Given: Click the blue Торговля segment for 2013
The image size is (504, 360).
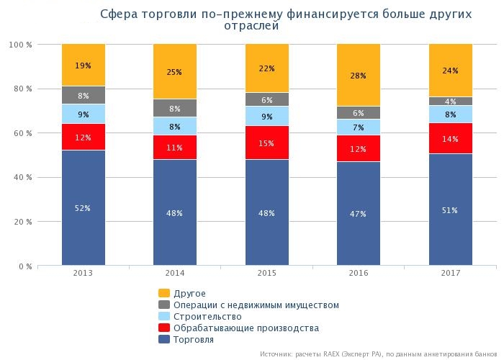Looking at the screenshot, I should (x=84, y=208).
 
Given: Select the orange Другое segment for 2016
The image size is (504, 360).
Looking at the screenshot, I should (x=359, y=75).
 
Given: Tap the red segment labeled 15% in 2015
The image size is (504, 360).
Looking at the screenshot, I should (x=266, y=143).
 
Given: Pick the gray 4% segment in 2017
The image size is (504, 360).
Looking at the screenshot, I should (x=451, y=101).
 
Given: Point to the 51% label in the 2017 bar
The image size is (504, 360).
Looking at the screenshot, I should (x=451, y=210).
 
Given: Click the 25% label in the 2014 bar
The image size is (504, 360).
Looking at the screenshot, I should (x=175, y=72).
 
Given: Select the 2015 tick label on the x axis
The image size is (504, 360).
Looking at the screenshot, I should (x=266, y=274).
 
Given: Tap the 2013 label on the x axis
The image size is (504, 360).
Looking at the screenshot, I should (x=84, y=274).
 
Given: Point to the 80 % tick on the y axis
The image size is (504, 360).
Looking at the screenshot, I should (x=21, y=89).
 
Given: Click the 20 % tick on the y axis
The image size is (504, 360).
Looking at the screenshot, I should (x=21, y=222).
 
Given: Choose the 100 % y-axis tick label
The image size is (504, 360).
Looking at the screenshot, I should (x=19, y=45).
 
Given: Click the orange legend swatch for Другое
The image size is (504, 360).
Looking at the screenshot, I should (x=163, y=293).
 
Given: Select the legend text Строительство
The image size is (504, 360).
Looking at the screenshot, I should (x=207, y=316).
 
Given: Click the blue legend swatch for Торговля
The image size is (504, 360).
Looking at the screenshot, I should (x=163, y=339).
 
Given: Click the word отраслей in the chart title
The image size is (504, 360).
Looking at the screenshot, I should (x=251, y=26).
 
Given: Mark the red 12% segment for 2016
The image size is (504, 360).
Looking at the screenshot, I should (x=359, y=148).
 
